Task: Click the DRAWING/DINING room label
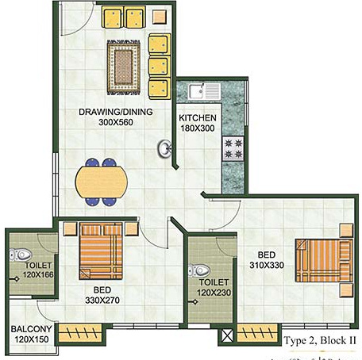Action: click(x=116, y=112)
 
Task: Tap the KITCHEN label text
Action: click(x=198, y=117)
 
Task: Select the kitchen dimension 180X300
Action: click(x=198, y=128)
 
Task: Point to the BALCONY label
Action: click(x=32, y=329)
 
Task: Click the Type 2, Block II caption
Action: click(x=321, y=341)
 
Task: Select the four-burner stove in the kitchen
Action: click(x=236, y=147)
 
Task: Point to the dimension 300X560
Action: click(x=116, y=123)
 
